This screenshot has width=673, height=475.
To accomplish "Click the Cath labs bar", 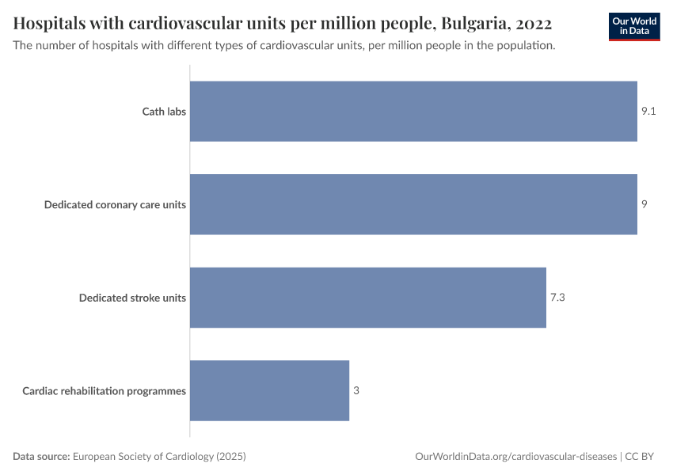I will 413,112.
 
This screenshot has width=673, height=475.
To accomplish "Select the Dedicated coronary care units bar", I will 413,204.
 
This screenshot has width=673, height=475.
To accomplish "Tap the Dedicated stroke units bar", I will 368,298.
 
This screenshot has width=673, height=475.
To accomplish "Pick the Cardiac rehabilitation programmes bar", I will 269,390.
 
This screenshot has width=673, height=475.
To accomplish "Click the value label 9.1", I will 648,112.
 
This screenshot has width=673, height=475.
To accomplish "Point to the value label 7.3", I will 558,298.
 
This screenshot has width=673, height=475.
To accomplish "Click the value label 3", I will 356,390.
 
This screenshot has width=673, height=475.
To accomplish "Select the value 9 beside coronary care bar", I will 644,204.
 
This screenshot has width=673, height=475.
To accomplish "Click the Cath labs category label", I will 164,112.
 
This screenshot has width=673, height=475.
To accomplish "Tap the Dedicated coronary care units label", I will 115,205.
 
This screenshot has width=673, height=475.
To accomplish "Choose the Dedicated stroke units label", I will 132,298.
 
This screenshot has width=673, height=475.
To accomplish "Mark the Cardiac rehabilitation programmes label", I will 104,391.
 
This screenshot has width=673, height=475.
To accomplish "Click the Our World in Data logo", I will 634,26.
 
